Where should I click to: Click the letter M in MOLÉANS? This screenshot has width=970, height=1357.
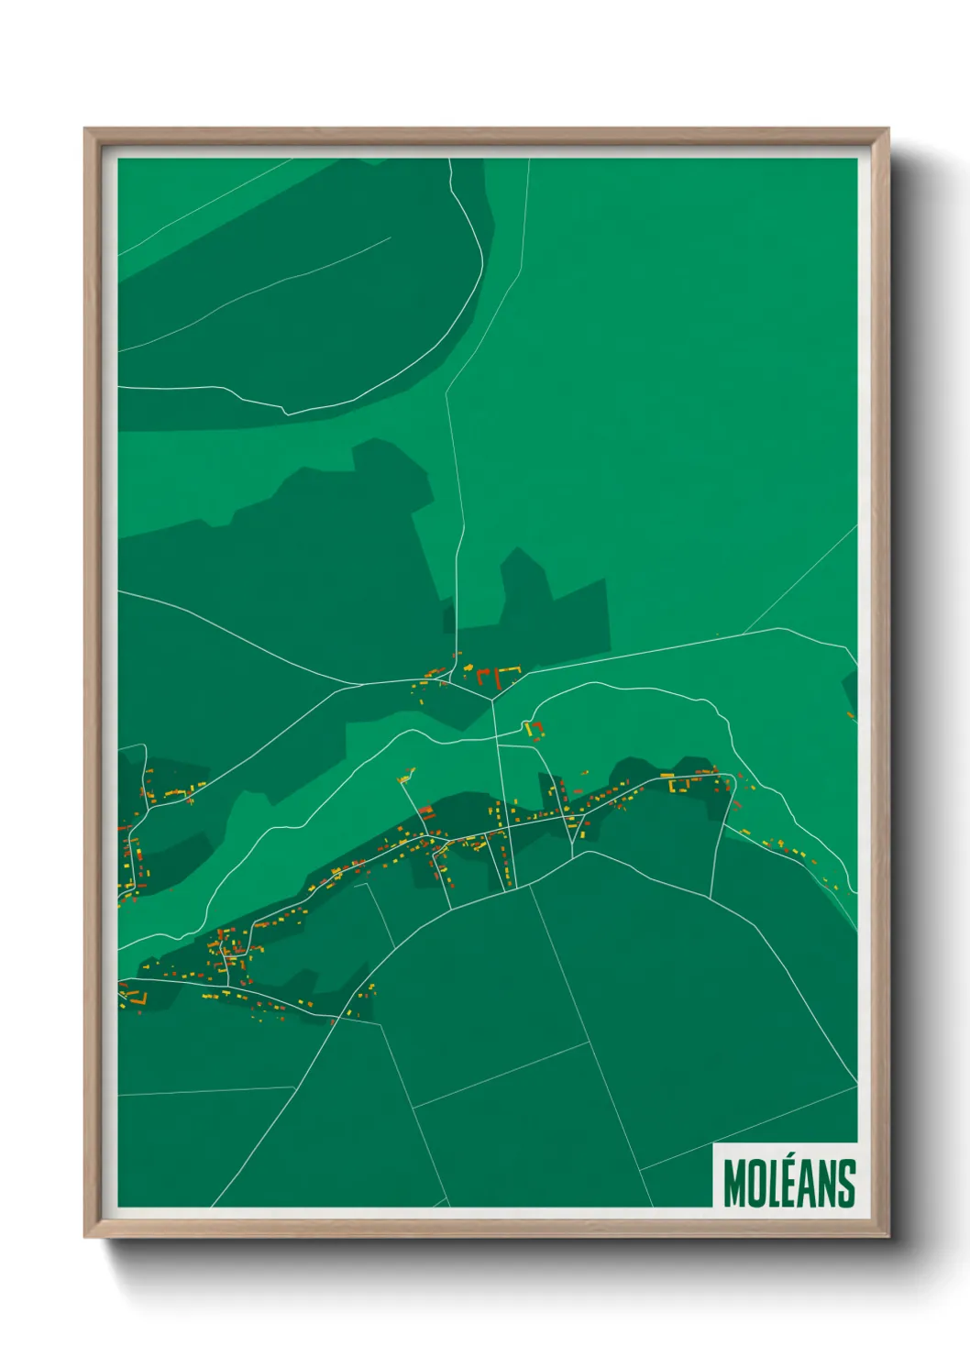[x=735, y=1184]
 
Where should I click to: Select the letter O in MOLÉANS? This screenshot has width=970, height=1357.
[x=757, y=1184]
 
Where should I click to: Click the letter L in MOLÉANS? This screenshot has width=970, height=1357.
[x=776, y=1184]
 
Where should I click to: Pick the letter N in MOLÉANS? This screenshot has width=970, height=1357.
[x=827, y=1184]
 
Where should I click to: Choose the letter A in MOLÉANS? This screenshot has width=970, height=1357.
[x=808, y=1184]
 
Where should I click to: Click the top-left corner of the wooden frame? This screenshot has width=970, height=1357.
[x=86, y=130]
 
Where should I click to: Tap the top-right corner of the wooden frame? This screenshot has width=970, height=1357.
[x=887, y=130]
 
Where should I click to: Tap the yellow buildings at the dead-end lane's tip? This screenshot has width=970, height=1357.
[x=405, y=778]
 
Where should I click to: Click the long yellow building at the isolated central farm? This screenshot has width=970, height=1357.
[x=528, y=728]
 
